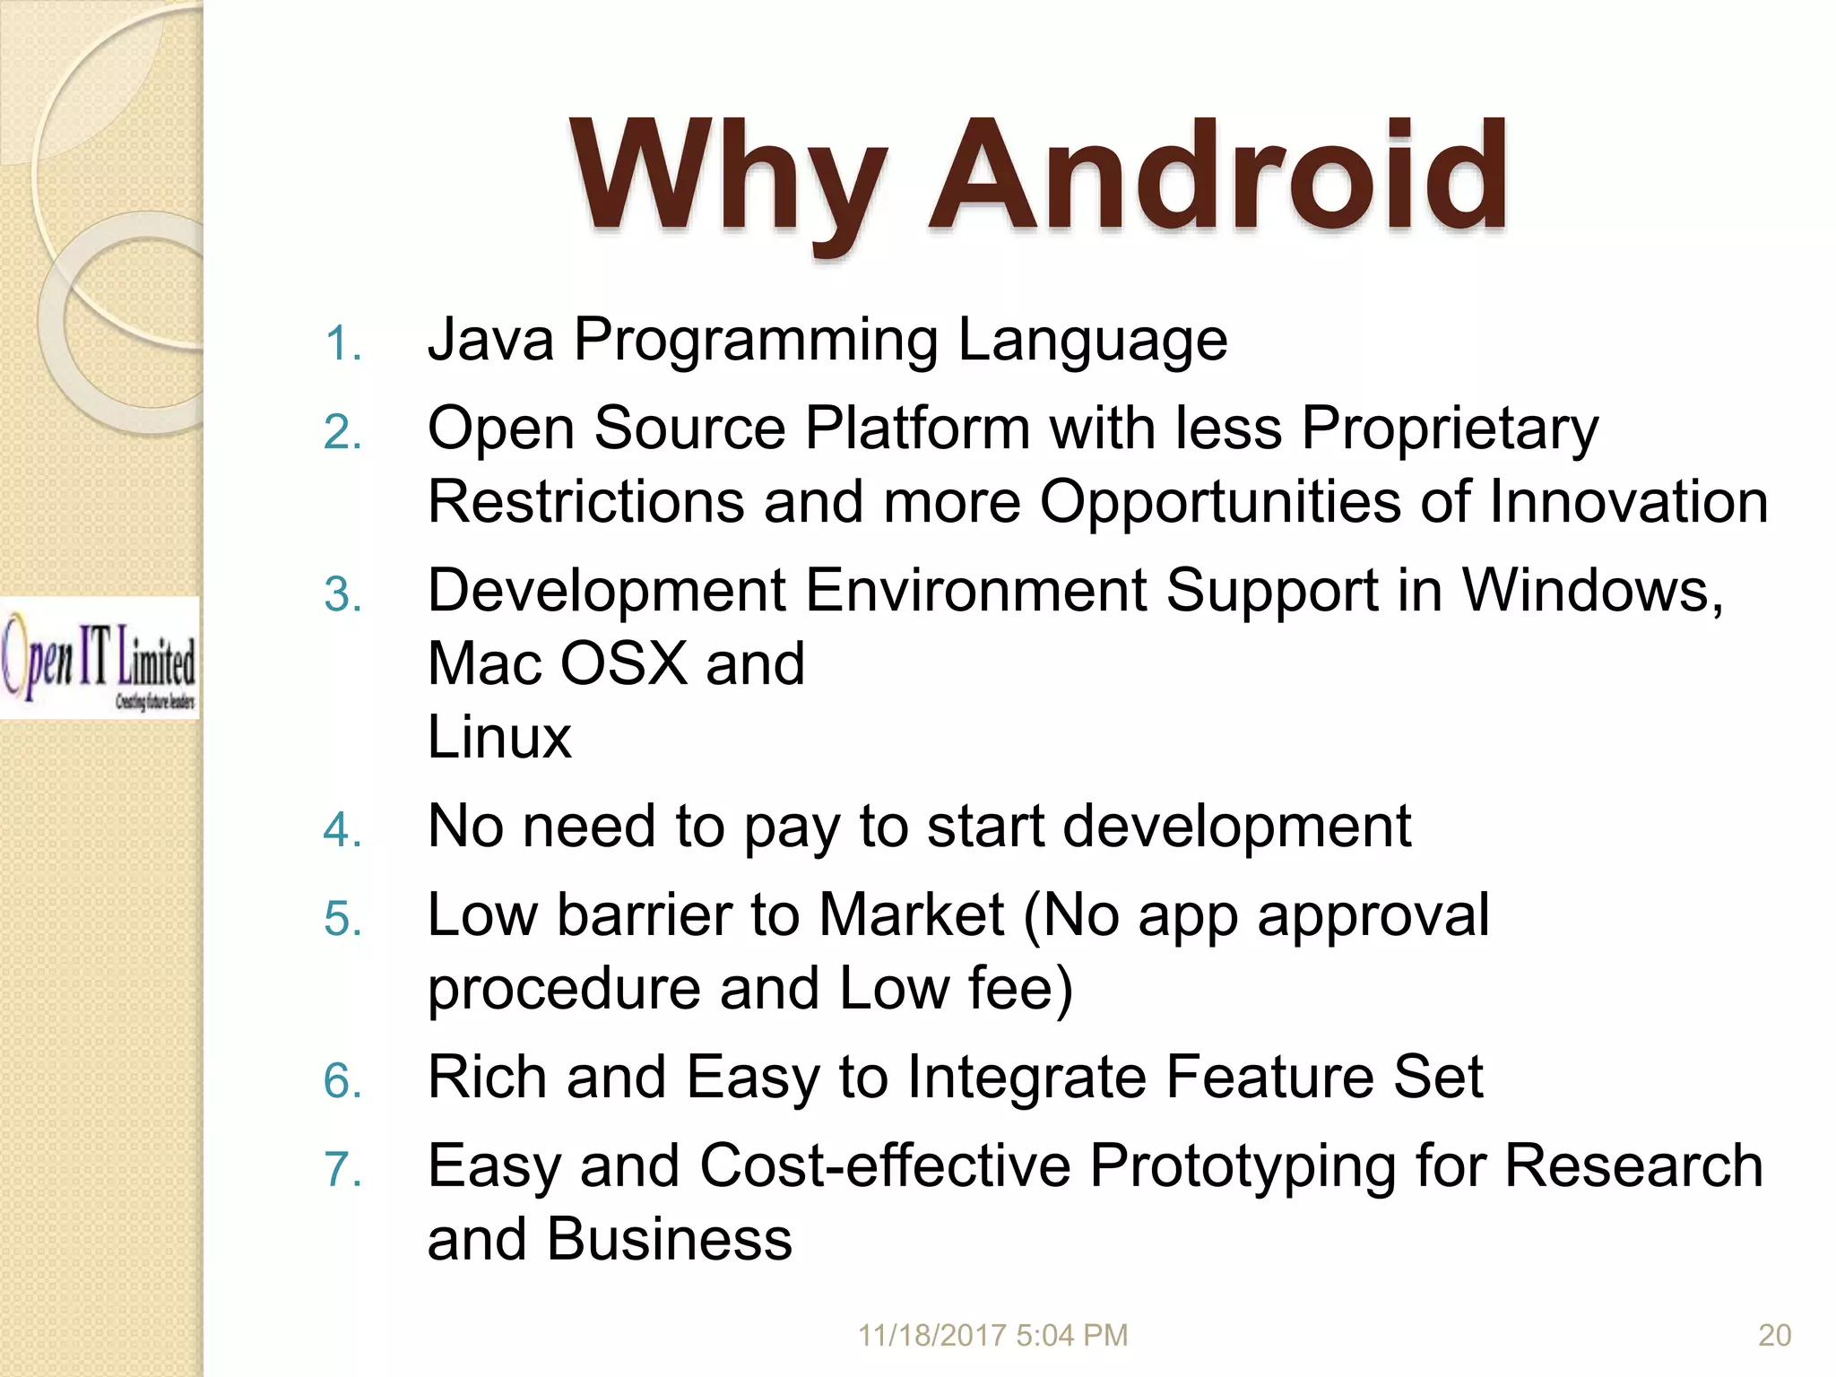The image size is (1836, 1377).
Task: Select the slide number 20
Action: pos(1774,1335)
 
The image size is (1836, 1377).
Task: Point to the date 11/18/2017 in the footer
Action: pos(932,1335)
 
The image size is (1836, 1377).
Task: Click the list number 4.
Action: pos(342,830)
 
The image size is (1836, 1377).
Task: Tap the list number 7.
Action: pos(342,1170)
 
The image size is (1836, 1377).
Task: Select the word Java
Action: pos(490,341)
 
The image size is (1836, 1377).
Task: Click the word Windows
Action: pos(1592,592)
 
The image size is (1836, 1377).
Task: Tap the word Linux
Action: pos(499,738)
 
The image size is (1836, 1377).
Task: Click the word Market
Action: pos(911,916)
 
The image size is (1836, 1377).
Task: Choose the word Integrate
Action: pos(1026,1078)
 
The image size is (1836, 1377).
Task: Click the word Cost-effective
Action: pos(885,1166)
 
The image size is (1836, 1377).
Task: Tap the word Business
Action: pos(670,1240)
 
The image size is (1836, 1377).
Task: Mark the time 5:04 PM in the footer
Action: pos(1072,1335)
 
